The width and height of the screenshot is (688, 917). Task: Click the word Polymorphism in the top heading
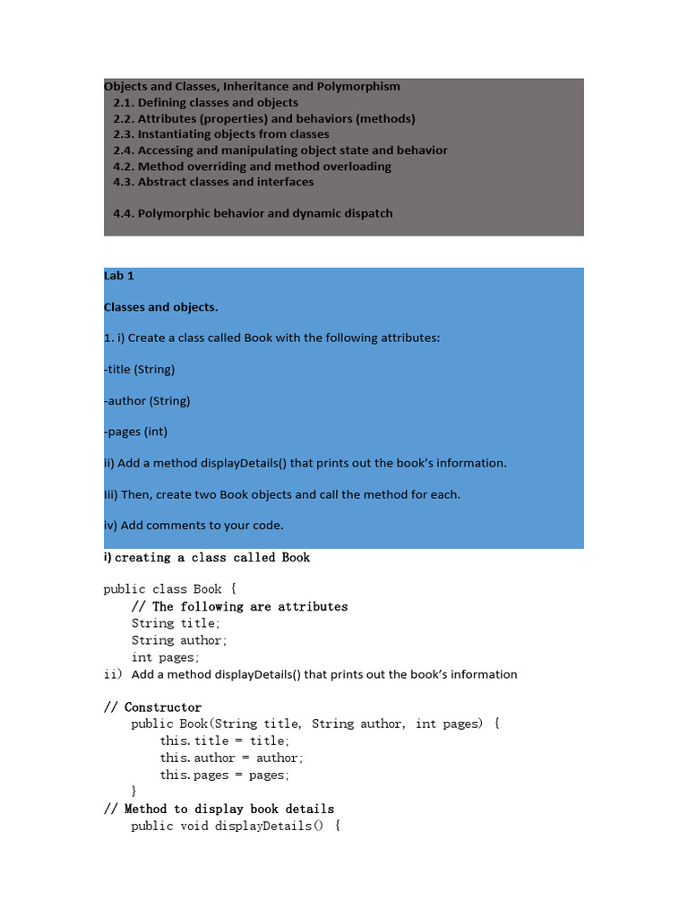[357, 87]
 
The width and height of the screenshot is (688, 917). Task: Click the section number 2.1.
[124, 103]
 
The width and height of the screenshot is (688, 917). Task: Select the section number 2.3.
[124, 134]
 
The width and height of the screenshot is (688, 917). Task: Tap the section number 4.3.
[124, 182]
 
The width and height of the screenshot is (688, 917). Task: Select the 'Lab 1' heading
[119, 276]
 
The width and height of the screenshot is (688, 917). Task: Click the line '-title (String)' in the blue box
[140, 369]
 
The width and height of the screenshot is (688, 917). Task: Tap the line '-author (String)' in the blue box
[147, 400]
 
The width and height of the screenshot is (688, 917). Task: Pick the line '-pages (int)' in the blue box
[135, 432]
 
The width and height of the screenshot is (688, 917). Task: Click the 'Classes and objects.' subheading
[161, 307]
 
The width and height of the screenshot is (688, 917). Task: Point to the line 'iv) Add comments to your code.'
[193, 525]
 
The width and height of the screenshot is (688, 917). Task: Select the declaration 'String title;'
[176, 623]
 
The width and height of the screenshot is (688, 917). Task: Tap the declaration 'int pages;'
[165, 657]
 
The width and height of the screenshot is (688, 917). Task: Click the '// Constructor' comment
[153, 707]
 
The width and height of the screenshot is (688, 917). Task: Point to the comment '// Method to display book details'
[219, 809]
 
